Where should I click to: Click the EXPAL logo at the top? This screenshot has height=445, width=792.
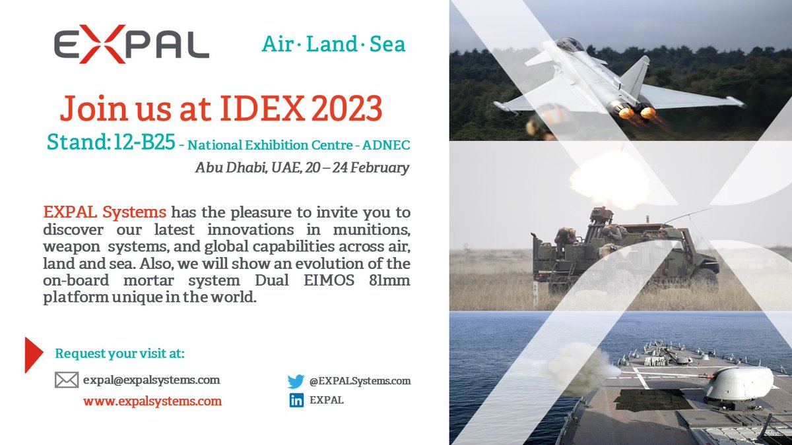tap(131, 45)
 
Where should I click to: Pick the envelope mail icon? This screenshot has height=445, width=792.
tap(66, 380)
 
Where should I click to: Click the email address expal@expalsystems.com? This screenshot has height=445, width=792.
tap(152, 380)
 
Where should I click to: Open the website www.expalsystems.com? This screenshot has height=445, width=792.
tap(152, 401)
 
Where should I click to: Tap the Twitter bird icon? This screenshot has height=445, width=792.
tap(296, 381)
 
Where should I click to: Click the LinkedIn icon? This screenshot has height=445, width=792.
tap(296, 400)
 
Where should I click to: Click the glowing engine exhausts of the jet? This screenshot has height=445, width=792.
tap(634, 111)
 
